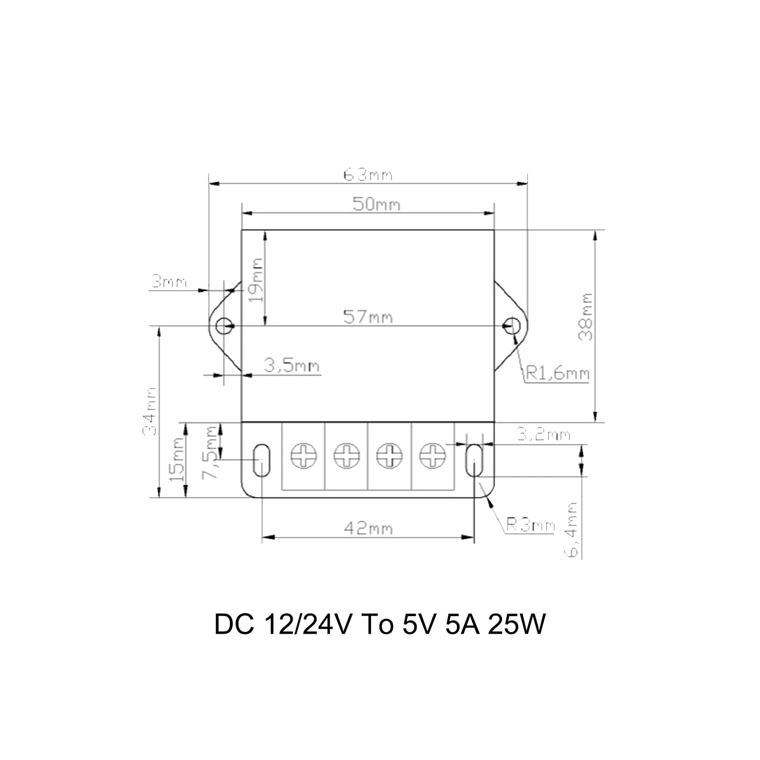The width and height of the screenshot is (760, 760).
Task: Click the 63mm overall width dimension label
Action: (368, 175)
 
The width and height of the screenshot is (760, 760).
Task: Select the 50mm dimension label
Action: (376, 205)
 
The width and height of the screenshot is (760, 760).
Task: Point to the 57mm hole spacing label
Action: (368, 317)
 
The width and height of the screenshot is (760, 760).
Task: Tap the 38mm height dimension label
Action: (586, 317)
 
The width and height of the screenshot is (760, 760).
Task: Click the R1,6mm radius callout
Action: (557, 374)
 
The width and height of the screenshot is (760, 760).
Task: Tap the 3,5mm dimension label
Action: (292, 366)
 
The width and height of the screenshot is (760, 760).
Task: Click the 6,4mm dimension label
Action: (573, 530)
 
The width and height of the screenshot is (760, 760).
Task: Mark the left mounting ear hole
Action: (223, 326)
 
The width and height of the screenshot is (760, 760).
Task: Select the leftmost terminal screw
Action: (304, 456)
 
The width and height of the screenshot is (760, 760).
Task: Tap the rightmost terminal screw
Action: (433, 456)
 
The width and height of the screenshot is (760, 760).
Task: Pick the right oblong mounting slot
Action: (474, 460)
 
